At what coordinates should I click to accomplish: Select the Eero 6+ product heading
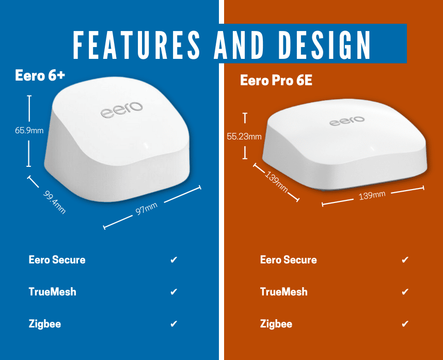click(40, 75)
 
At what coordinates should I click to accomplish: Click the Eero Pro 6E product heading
click(276, 80)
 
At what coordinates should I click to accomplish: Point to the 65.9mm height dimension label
click(29, 130)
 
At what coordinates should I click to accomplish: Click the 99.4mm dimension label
click(55, 202)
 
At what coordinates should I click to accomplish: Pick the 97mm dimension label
click(146, 209)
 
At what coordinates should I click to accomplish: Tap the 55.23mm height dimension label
click(244, 136)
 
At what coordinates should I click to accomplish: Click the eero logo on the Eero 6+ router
click(122, 110)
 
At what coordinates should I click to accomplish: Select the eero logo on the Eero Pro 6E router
click(347, 121)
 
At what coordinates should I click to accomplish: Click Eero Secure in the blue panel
click(57, 260)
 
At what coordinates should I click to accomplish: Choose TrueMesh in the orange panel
click(283, 292)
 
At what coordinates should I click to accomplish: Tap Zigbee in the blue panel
click(44, 324)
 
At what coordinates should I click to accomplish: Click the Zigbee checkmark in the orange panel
click(405, 323)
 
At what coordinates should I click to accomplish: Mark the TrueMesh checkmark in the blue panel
click(174, 291)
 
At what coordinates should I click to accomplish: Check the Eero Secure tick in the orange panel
click(405, 259)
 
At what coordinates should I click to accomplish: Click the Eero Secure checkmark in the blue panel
click(174, 259)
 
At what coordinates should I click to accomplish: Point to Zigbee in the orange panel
click(276, 324)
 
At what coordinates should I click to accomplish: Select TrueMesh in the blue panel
click(52, 292)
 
